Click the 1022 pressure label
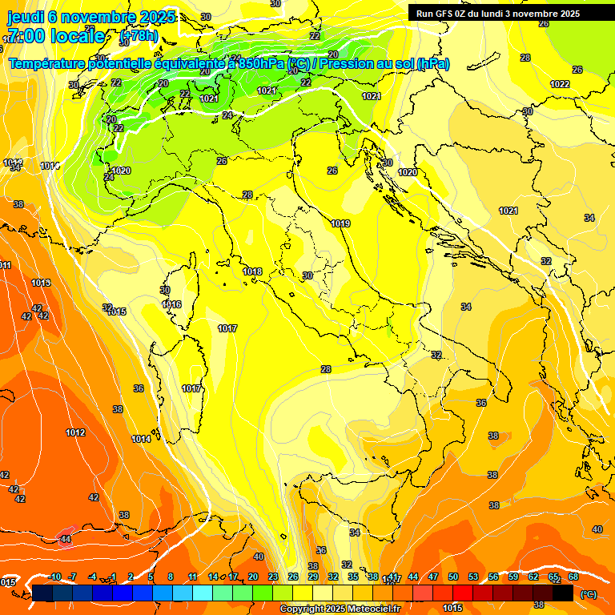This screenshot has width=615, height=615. click(560, 84)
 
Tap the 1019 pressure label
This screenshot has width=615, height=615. click(340, 223)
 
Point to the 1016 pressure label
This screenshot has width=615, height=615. click(171, 304)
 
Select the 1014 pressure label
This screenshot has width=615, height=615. click(141, 439)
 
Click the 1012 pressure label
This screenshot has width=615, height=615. click(75, 432)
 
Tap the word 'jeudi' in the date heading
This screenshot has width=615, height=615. click(26, 17)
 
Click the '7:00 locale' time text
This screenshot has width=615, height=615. click(55, 36)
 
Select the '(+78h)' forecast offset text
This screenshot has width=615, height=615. click(138, 37)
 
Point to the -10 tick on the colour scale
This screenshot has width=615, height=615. click(54, 577)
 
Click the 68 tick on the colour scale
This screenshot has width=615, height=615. click(573, 577)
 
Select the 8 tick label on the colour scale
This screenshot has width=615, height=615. click(171, 577)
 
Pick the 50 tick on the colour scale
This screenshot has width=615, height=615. click(453, 577)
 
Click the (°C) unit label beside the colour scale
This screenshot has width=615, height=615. click(588, 593)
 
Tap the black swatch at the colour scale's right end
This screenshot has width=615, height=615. click(563, 593)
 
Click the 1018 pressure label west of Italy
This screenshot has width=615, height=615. click(252, 271)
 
